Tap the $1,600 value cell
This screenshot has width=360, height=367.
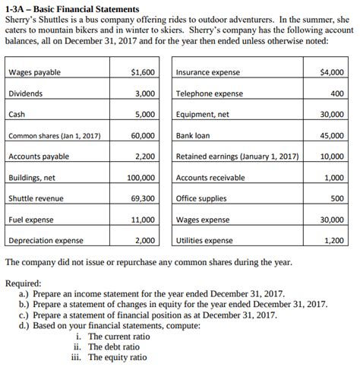point(143,72)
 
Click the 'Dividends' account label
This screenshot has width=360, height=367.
point(26,93)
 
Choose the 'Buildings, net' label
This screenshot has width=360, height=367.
point(31,178)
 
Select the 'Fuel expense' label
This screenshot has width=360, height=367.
point(30,220)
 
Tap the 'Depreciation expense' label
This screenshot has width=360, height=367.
point(46,241)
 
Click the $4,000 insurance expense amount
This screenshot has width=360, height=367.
point(331,72)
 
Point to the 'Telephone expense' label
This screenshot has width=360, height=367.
point(209,93)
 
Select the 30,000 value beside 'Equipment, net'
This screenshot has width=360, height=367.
point(331,115)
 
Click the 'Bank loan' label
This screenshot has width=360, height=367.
point(194,136)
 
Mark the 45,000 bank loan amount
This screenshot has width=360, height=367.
point(331,136)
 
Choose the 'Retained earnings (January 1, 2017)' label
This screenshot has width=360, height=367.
point(236,157)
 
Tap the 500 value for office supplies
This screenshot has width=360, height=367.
point(337,198)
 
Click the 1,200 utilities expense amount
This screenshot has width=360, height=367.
point(334,241)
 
